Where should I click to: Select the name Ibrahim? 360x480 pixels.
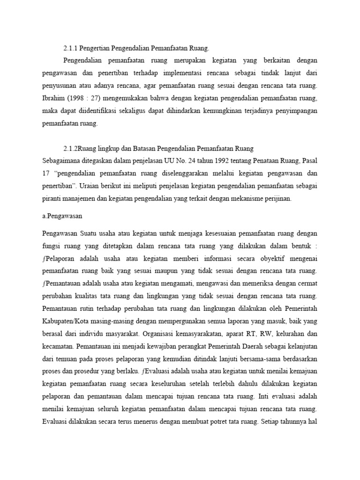click(x=53, y=98)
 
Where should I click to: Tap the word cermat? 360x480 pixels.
click(x=307, y=284)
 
